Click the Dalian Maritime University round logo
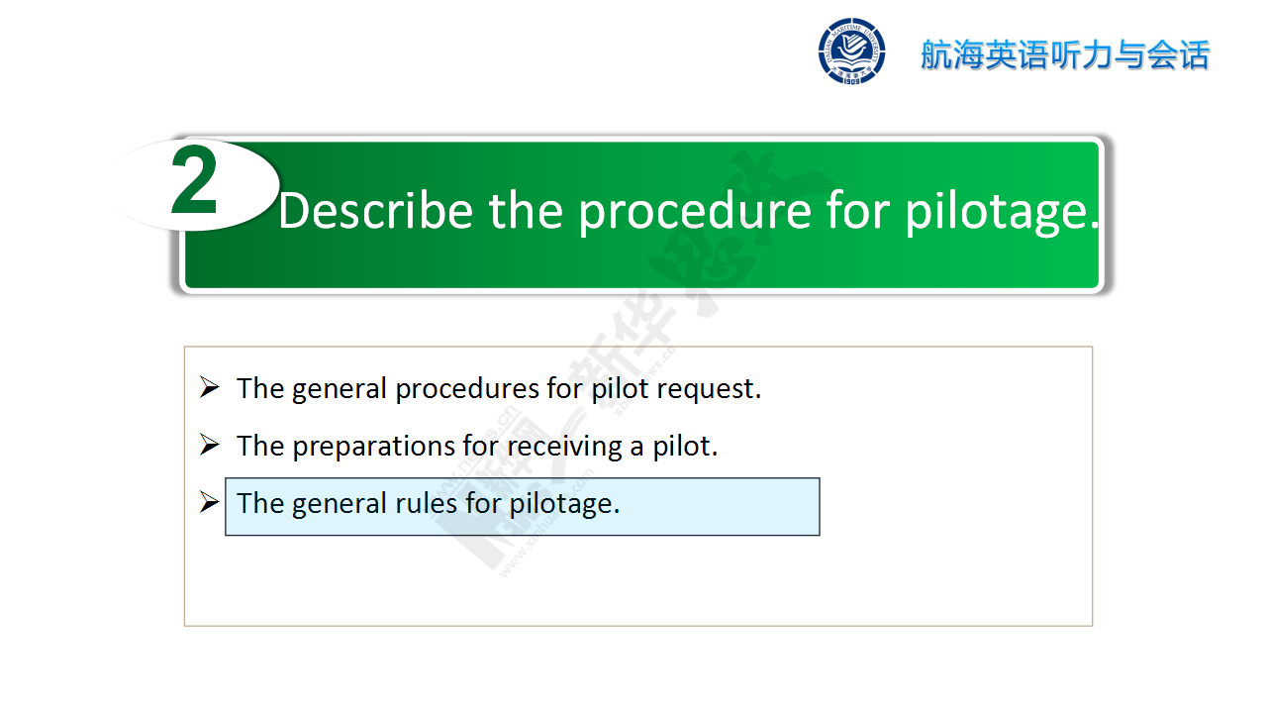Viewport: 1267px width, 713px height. coord(851,51)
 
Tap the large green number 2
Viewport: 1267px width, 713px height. coord(193,180)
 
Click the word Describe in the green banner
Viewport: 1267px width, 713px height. coord(376,211)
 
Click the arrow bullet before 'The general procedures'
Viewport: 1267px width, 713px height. coord(209,387)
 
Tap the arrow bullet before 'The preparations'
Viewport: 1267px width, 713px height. coord(209,445)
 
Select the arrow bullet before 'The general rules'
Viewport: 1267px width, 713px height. coord(209,502)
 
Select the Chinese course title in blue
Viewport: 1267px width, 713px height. coord(1065,54)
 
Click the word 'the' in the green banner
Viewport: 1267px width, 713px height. coord(526,211)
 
